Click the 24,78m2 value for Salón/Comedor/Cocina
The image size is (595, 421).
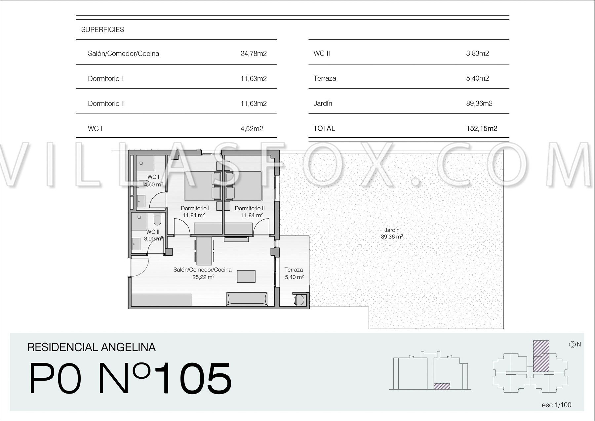point(254,54)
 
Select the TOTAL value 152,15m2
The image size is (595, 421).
point(482,129)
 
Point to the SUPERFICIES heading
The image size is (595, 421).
point(103,30)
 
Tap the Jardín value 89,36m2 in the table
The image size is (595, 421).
point(479,104)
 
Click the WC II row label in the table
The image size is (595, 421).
point(322,54)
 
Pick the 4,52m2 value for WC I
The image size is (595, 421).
point(252,129)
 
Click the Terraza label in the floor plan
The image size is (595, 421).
point(294,270)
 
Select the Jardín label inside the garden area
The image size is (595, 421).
point(392,230)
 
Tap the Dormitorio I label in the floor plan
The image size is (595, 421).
point(195,208)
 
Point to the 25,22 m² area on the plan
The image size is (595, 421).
point(203,277)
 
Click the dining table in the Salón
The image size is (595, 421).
point(204,251)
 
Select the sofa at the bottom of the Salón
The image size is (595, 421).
point(247,299)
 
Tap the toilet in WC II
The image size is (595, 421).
point(157,218)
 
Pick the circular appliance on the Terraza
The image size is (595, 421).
point(299,300)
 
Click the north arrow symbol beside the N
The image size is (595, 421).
point(572,345)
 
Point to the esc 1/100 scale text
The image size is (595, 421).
point(557,405)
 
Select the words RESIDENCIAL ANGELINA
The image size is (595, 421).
point(92,347)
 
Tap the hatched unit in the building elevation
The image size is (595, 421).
point(442,386)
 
